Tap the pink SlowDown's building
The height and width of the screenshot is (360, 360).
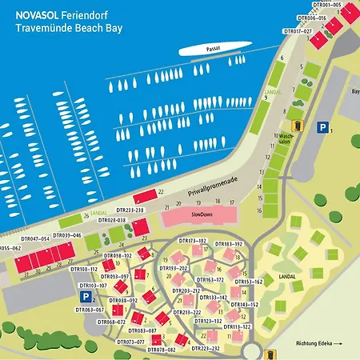tap(200, 216)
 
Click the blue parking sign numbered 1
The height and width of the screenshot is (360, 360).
tap(322, 126)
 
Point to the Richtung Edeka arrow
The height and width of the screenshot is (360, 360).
tap(318, 345)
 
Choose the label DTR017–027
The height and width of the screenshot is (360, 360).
tap(298, 31)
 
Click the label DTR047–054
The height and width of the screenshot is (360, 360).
tap(35, 238)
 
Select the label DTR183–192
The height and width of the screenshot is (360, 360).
tap(228, 243)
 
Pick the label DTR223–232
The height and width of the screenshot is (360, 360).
tap(206, 349)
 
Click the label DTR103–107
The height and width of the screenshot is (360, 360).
tap(93, 286)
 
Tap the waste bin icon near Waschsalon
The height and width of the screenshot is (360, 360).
tap(296, 126)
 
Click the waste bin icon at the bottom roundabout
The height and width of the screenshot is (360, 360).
tap(271, 354)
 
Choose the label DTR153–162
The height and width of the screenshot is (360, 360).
tap(248, 282)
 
